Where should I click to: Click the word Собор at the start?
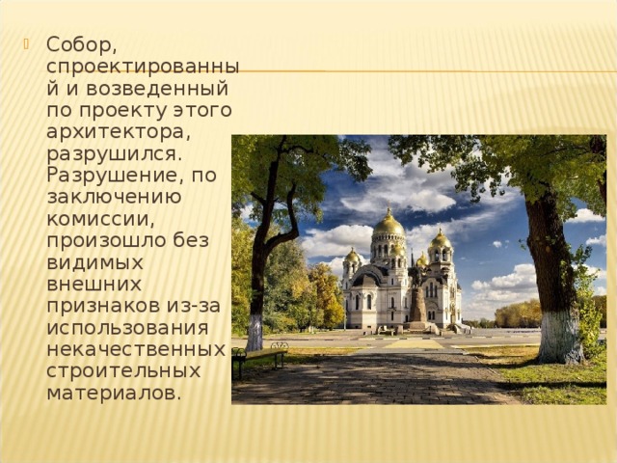tap(80, 46)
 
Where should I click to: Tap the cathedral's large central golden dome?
tap(389, 224)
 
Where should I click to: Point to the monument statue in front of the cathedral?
tap(417, 299)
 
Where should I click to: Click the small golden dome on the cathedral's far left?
tap(353, 257)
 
